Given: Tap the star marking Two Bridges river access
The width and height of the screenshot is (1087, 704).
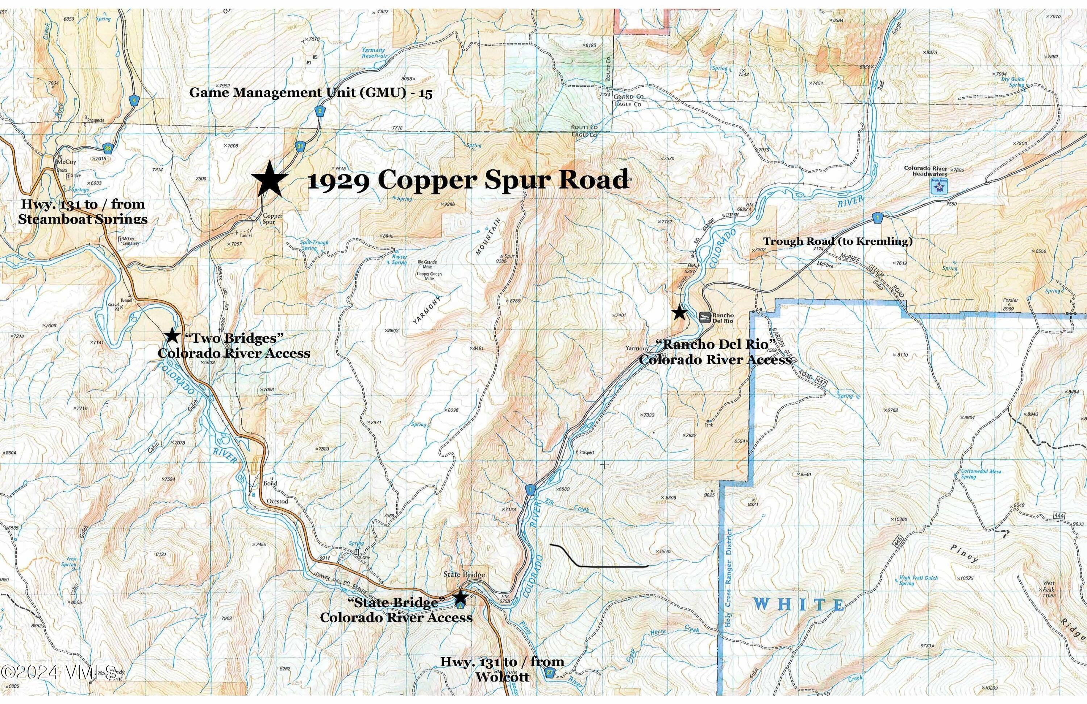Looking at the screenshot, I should (172, 335).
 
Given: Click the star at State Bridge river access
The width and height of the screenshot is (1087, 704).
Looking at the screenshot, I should (461, 597).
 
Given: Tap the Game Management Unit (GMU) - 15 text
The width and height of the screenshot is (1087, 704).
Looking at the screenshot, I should (311, 93).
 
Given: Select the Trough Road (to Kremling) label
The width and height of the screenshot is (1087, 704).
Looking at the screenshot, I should (838, 241).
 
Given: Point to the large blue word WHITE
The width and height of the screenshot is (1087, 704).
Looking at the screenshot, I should (799, 604).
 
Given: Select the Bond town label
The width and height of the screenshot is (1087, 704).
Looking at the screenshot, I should (270, 483).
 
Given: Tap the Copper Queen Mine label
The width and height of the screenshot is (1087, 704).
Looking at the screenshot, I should (429, 276).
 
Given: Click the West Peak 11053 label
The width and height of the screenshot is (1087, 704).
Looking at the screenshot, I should (1049, 586).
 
